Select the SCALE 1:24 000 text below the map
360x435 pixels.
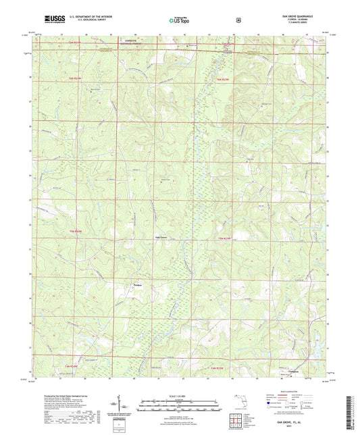point(180,395)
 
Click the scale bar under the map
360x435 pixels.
point(180,401)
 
